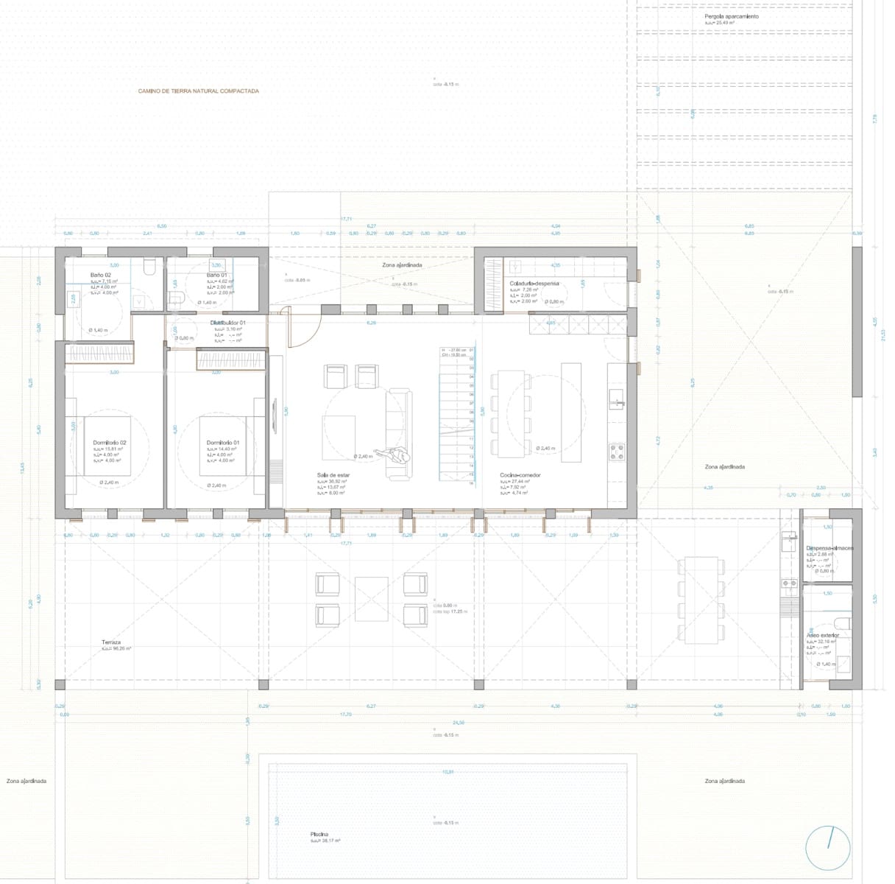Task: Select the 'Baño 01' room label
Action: coord(216,275)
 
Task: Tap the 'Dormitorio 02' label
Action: coord(110,443)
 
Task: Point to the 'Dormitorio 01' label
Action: coord(223,443)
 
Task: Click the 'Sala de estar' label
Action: coord(333,475)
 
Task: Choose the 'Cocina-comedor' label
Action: coord(520,475)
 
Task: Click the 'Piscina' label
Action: coord(319,835)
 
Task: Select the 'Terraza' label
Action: coord(111,642)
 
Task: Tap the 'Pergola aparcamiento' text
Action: coord(731,16)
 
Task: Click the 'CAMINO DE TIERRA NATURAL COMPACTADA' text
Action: coord(198,91)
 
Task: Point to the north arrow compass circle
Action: coord(827,848)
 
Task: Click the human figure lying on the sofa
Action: coord(393,456)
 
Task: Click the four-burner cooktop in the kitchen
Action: coord(617,451)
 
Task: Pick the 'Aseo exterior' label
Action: coord(822,635)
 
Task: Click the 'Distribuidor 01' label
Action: coord(227,323)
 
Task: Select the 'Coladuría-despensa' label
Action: coord(534,283)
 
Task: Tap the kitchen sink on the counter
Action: coord(617,401)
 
